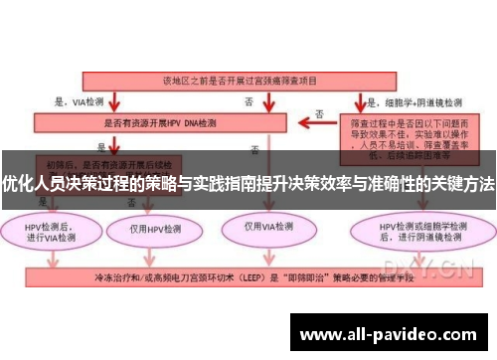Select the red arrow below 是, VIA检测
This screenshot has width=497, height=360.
(x=116, y=102)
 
